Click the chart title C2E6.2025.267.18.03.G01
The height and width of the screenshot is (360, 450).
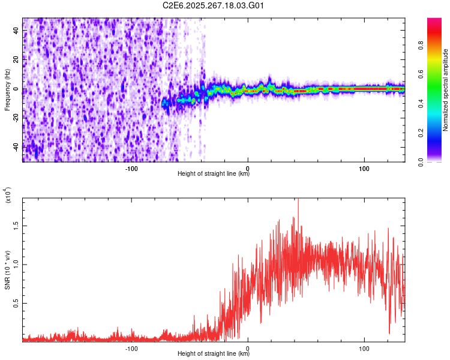point(214,5)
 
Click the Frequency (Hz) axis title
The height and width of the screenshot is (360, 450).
point(7,90)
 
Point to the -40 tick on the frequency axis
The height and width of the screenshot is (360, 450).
point(16,147)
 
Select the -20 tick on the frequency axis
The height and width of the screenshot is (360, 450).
point(16,118)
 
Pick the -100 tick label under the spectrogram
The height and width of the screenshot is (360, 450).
point(131,168)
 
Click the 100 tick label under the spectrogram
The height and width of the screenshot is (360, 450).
point(364,168)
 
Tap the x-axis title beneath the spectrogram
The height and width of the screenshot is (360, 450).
point(214,174)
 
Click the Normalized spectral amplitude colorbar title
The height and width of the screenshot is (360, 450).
point(446,90)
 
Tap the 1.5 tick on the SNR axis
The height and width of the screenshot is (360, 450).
point(16,226)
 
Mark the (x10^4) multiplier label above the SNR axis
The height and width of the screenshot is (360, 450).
point(7,195)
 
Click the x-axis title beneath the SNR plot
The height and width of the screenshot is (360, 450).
point(214,354)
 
